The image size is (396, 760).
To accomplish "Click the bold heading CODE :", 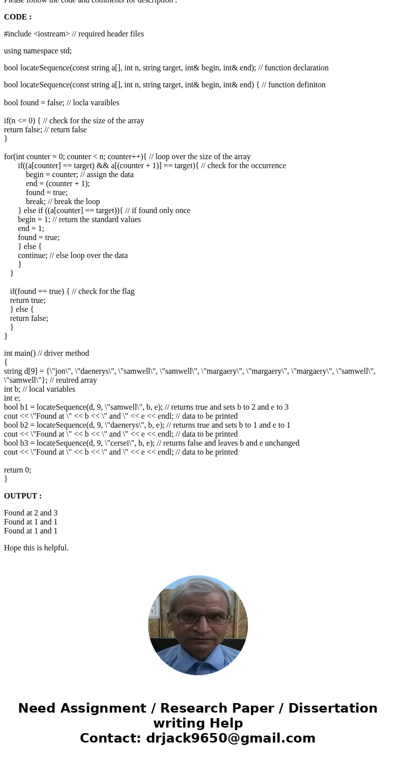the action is pos(17,17).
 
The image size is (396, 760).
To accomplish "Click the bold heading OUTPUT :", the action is pos(22,496).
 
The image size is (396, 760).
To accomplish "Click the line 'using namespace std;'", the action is pos(38,51).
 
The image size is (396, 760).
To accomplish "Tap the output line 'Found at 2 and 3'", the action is pos(30,513).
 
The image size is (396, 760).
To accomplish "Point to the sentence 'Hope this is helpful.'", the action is pos(36,548).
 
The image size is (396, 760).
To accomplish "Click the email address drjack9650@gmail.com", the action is pos(230,738).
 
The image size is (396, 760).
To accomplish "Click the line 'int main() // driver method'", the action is pos(46,353).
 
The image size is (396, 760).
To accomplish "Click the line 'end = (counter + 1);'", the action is pos(58,184).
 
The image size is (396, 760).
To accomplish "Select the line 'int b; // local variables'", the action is pos(39,389).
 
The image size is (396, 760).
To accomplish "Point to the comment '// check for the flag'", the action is pos(103,291).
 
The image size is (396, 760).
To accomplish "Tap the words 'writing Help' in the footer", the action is pos(198,723).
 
